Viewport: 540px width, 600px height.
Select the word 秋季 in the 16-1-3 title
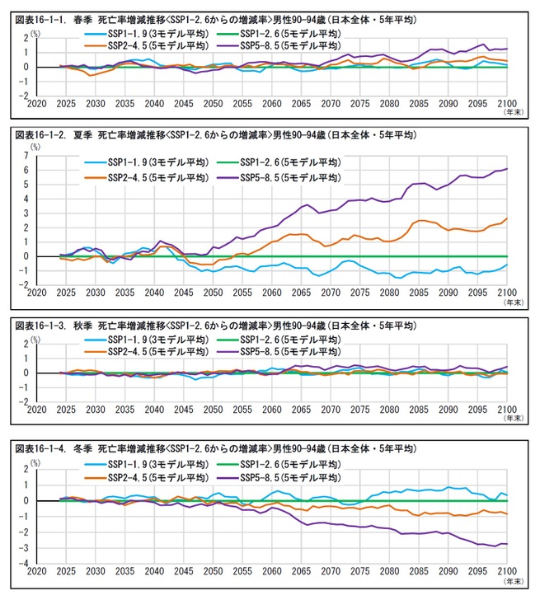click(79, 327)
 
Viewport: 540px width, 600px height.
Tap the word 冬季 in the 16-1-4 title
click(79, 448)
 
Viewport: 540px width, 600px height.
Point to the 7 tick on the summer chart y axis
click(26, 155)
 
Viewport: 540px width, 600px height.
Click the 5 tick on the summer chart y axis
click(26, 184)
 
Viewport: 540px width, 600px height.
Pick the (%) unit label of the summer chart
click(35, 146)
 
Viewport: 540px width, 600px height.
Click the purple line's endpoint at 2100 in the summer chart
click(505, 169)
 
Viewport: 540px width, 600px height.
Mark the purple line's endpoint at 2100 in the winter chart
click(505, 544)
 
